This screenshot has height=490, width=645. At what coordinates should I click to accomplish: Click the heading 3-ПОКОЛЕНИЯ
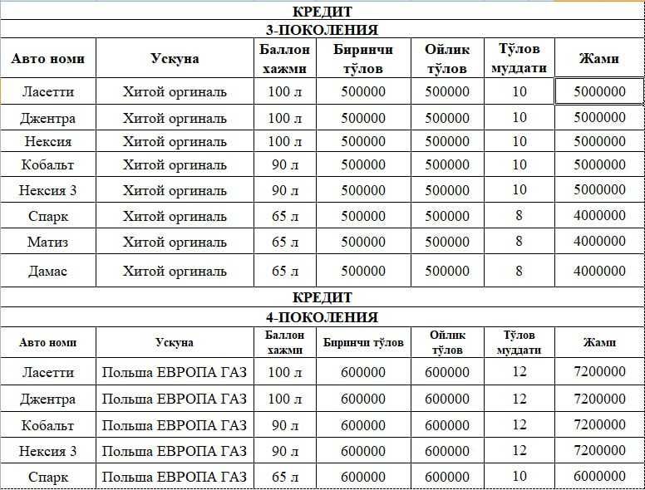tap(322, 30)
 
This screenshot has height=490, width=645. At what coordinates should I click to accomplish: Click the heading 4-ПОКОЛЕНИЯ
tap(322, 317)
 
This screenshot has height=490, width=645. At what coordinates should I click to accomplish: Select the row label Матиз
tap(47, 243)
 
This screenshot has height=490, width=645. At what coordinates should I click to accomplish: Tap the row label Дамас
tap(47, 271)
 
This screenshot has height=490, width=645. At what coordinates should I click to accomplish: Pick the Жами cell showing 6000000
tap(599, 477)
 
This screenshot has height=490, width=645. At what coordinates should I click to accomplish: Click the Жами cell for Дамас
tap(599, 271)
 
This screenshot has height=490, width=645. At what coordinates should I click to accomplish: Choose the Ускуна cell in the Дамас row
tap(175, 271)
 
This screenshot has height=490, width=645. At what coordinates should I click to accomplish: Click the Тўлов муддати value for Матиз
tap(519, 243)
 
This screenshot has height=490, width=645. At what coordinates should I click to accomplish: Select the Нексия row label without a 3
tap(47, 141)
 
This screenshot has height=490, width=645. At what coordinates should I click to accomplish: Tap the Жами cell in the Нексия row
tap(599, 141)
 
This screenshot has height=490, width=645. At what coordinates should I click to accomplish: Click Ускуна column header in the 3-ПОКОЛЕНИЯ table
tap(175, 59)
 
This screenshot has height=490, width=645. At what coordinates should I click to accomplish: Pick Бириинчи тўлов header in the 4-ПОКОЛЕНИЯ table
tap(363, 342)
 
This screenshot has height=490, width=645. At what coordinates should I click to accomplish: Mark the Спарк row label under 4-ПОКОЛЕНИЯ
tap(47, 477)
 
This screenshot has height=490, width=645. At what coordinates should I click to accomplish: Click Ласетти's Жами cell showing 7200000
tap(599, 372)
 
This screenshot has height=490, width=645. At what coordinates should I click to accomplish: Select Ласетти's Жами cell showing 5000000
tap(599, 91)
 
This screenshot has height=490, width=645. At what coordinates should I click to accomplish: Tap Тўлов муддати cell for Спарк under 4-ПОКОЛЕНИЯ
tap(519, 477)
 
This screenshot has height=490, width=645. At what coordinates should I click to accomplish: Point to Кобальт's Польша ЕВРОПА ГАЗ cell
tap(175, 425)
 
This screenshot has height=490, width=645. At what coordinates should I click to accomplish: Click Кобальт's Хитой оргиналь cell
tap(175, 164)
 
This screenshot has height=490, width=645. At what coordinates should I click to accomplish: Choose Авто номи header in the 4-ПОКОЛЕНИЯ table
tap(47, 342)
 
